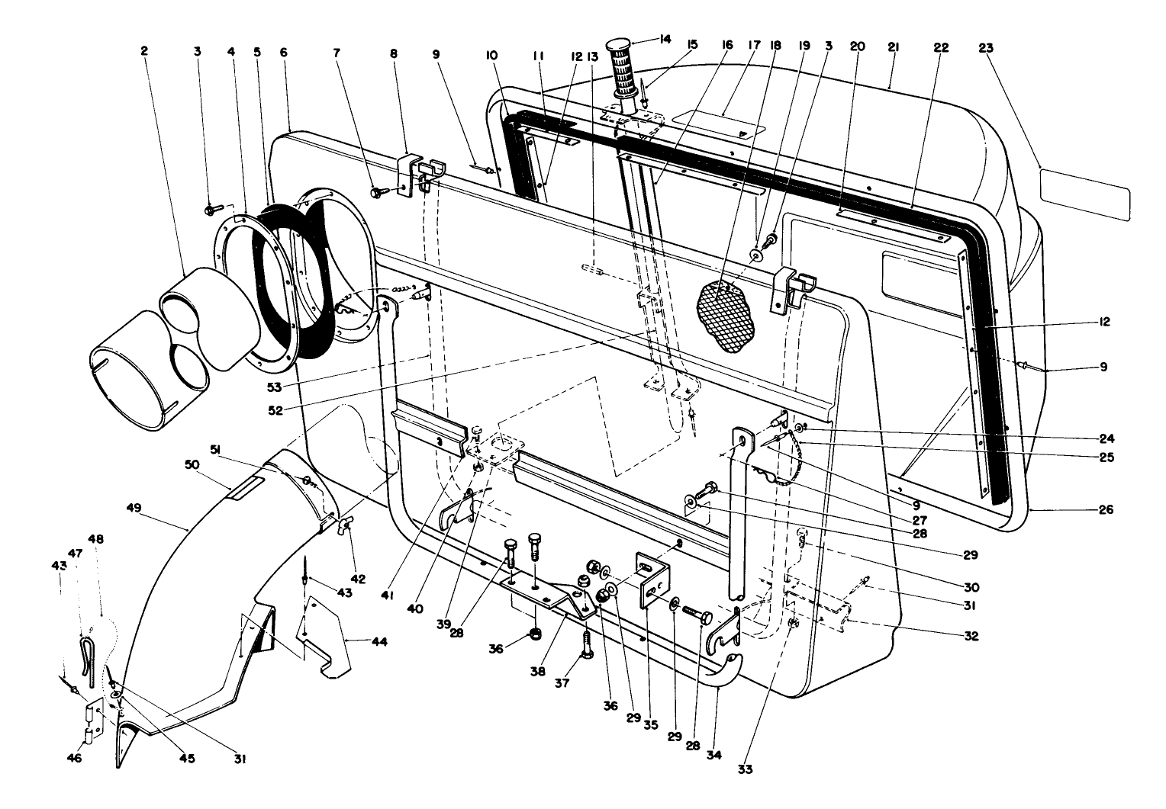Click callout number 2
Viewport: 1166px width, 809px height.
pos(144,51)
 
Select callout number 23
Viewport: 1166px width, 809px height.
pos(985,47)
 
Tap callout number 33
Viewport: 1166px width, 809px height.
pos(745,769)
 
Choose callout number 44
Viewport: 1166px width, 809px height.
pos(379,642)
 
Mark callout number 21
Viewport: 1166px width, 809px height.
pos(892,47)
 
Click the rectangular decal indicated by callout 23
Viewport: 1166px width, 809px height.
pos(1084,194)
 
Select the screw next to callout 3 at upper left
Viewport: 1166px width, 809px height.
pos(213,207)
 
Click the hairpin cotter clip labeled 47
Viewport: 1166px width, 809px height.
pos(87,649)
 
